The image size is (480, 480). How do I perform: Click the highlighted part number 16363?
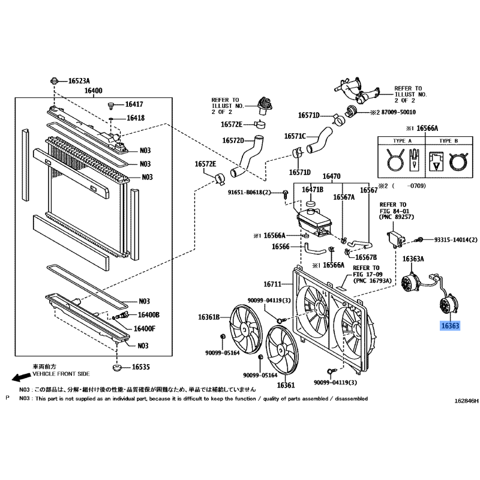(450, 326)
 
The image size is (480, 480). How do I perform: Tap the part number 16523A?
(79, 81)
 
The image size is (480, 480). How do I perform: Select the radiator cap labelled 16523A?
(54, 81)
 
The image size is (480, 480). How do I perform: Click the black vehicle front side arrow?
(21, 378)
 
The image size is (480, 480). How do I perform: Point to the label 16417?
(134, 104)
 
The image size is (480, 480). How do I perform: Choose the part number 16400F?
(145, 329)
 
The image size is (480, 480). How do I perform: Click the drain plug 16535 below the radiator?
(116, 367)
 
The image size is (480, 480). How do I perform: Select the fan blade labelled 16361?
(282, 350)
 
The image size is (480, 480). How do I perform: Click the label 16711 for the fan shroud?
(272, 284)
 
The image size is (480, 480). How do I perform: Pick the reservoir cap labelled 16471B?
(311, 204)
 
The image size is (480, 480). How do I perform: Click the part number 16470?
(331, 176)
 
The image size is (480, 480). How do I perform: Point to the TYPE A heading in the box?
(402, 141)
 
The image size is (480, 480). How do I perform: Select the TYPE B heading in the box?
(448, 141)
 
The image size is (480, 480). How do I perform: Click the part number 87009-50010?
(398, 112)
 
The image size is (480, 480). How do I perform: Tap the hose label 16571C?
(295, 136)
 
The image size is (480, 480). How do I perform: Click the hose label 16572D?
(233, 140)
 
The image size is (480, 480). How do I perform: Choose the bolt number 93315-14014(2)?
(456, 239)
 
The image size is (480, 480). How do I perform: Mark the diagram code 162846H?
(466, 401)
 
